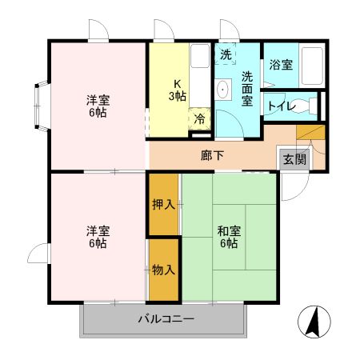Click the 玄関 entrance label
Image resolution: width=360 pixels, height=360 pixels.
294,158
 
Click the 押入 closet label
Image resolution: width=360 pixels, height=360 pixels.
163,204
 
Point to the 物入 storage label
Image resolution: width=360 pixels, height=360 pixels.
163,270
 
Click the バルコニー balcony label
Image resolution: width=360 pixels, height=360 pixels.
166,318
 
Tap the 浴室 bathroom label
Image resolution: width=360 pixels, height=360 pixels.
280,66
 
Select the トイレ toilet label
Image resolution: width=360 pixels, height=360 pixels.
282,106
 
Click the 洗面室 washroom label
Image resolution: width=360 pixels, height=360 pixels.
248,88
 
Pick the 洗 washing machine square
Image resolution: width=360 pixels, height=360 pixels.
226,55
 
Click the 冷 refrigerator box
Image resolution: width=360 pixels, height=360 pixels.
198,117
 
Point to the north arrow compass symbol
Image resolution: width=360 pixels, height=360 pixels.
314,322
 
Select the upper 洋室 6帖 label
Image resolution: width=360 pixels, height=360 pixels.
98,106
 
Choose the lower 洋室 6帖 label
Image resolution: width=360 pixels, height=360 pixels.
98,237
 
